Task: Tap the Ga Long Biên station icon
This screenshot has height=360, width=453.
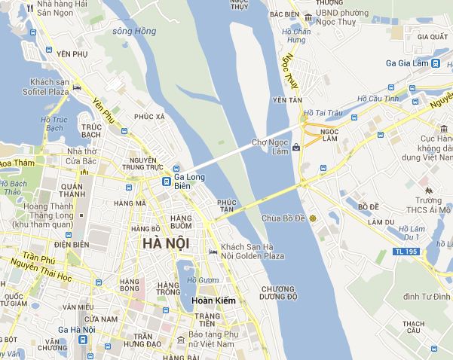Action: tap(176, 169)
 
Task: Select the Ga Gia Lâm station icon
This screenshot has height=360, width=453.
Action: tap(435, 64)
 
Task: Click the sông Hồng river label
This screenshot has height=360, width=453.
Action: tap(133, 32)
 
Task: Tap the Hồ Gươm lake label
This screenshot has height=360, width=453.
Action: tap(203, 280)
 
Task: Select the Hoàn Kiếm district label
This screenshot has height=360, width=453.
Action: tap(214, 301)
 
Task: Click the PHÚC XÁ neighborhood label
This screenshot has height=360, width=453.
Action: tap(149, 117)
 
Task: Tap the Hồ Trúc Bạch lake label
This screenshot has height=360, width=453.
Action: tap(54, 124)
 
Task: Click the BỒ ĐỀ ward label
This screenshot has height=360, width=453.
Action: tap(369, 206)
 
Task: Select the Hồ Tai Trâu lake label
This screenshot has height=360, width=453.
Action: tap(322, 113)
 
